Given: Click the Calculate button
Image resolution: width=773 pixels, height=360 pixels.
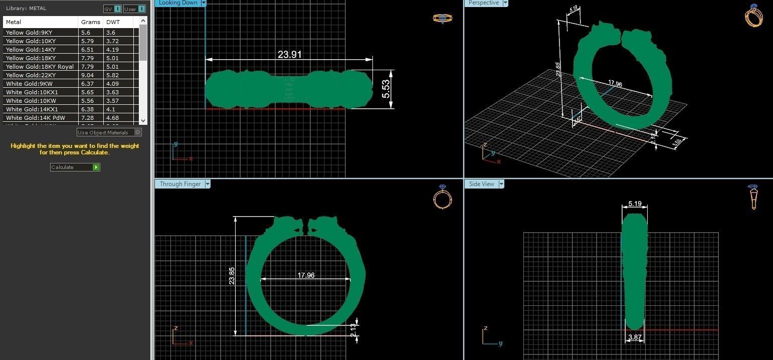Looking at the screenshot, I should [x=75, y=167].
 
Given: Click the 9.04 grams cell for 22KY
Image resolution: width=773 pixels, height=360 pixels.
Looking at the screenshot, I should [x=87, y=75].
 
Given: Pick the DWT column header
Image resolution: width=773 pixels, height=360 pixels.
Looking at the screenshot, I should [x=112, y=22].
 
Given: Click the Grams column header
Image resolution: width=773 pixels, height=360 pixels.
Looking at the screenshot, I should [x=90, y=22].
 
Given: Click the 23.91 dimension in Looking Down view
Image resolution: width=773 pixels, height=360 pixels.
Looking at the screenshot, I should [x=290, y=54].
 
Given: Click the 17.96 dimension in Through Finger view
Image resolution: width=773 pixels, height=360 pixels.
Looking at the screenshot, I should [x=306, y=275].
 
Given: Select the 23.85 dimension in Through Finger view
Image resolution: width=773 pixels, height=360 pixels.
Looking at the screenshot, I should [x=232, y=276].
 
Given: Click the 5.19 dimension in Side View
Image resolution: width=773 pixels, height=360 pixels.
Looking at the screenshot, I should [x=635, y=204].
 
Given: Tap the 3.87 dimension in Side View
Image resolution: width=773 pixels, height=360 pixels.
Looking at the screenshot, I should [x=635, y=337].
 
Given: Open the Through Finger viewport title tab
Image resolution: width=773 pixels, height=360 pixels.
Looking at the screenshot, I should [x=180, y=184].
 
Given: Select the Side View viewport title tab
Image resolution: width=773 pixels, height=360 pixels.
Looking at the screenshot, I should [x=481, y=184].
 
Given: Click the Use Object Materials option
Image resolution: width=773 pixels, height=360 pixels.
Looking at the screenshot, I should [x=109, y=132].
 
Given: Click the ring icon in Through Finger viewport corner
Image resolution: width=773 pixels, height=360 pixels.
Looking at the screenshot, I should [x=442, y=197].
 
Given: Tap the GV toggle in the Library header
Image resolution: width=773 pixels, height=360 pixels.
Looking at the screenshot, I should [x=112, y=9].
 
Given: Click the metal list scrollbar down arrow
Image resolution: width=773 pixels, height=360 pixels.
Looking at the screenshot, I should [x=143, y=120].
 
